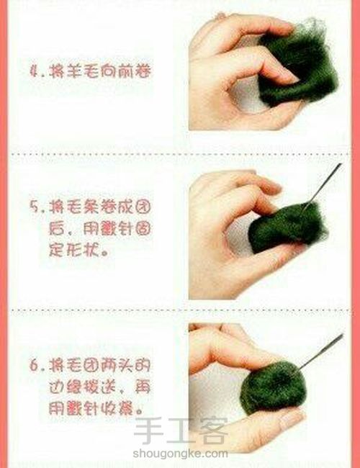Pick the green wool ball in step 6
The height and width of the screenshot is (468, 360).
(270, 381)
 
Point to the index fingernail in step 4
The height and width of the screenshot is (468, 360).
(286, 71)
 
